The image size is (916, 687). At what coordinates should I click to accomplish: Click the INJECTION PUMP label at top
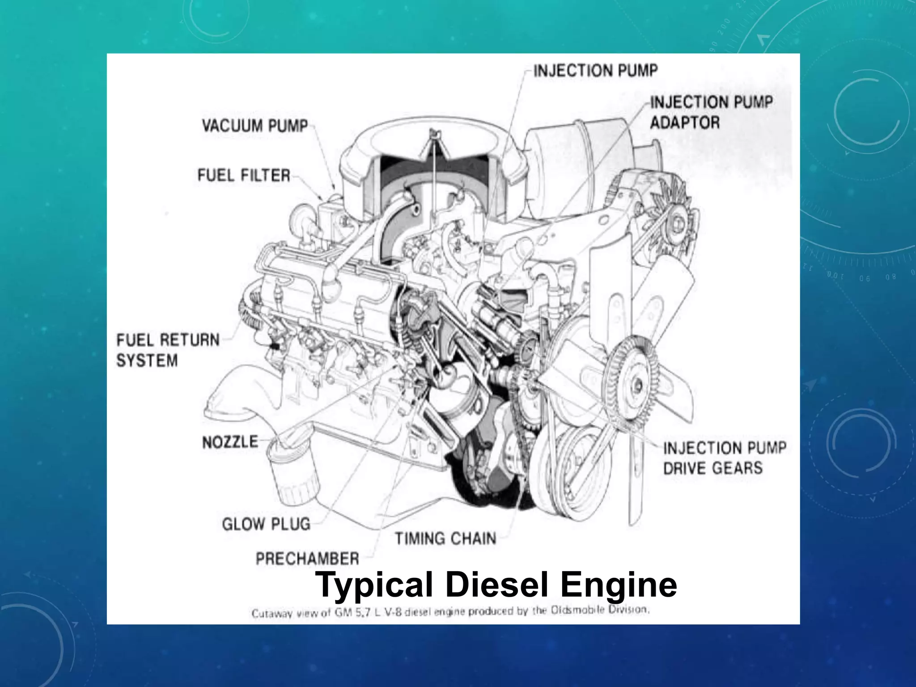point(595,71)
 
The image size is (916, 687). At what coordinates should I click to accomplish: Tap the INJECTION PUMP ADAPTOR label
point(711,112)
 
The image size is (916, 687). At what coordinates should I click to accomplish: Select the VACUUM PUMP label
point(255,126)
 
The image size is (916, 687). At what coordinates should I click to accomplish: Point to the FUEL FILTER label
point(244,175)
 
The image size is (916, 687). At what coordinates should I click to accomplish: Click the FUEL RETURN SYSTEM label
point(168,350)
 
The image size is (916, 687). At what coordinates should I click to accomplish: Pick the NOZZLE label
point(230,442)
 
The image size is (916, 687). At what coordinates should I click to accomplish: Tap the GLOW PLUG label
point(266,524)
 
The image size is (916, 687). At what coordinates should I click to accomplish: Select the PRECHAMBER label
point(307,558)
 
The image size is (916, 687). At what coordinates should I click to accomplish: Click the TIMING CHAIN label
point(445,538)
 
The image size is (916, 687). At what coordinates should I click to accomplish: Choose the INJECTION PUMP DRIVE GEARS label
point(724,458)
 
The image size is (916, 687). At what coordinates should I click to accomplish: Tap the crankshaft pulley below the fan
point(577,465)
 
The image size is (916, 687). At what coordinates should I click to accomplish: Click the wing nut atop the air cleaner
point(434,133)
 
